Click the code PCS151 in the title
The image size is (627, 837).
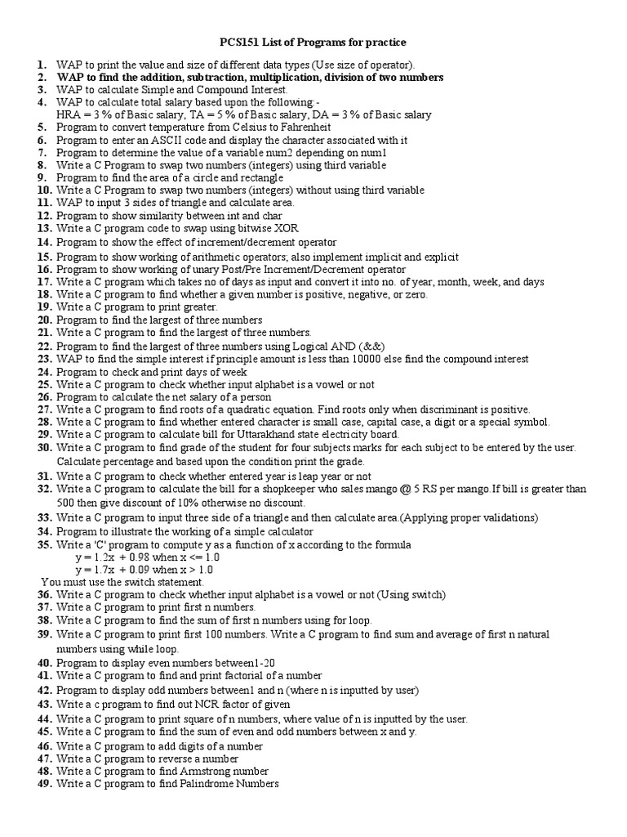coord(241,42)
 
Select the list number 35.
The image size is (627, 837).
coord(44,544)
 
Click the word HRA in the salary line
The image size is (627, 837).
coord(69,115)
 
